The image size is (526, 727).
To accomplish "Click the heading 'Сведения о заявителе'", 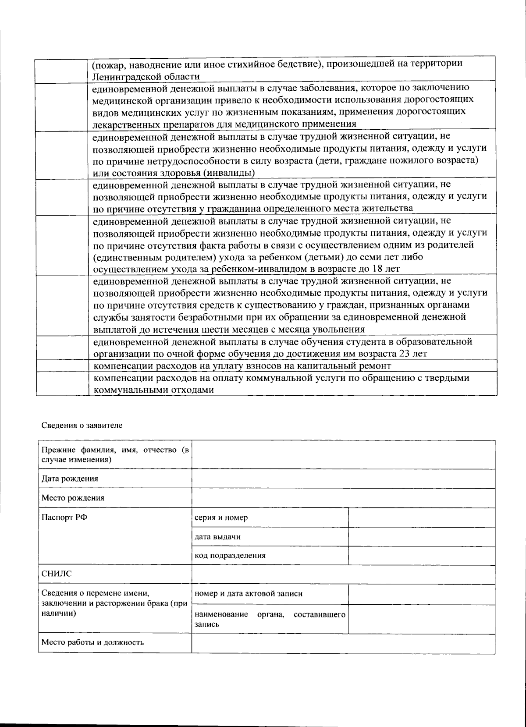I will click(82, 425).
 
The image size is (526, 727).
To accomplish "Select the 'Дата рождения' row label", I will click(70, 479).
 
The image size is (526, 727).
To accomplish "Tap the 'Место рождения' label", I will click(73, 498).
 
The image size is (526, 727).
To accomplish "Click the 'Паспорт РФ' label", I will click(64, 517).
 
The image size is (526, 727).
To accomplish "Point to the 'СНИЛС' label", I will click(57, 574).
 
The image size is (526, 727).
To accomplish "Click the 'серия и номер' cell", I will click(221, 518).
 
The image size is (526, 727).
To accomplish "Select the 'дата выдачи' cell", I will click(217, 536).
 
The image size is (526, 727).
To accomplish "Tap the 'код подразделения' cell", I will click(230, 556).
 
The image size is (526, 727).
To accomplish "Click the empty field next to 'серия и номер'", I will click(421, 518).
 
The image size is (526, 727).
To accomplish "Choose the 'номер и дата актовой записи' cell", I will click(249, 594).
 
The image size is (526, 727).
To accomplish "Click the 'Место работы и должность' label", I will click(92, 642).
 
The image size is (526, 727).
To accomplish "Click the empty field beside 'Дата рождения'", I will click(343, 479).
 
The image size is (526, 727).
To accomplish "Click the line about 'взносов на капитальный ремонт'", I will click(242, 365).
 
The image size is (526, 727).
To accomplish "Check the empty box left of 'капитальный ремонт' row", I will click(62, 365).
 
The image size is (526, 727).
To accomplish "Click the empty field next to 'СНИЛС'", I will click(343, 574).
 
